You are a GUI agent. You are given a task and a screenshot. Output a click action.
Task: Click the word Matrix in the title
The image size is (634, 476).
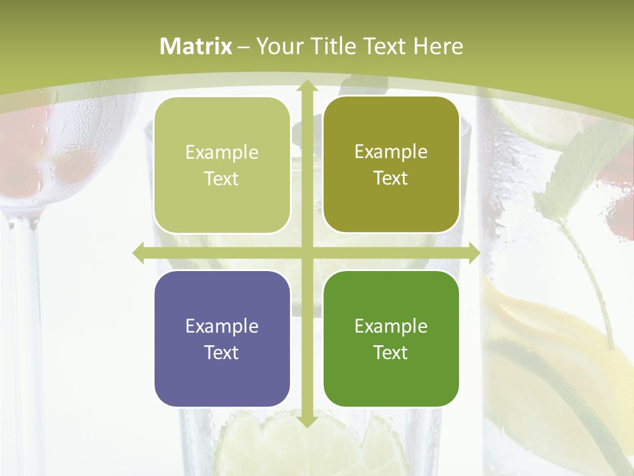coord(196,46)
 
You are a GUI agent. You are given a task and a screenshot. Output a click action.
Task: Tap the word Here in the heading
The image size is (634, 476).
coord(438,46)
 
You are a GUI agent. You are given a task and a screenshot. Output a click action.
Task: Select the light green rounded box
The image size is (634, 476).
coord(222,165)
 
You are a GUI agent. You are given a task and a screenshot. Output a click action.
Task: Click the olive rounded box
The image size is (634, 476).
coord(391,165)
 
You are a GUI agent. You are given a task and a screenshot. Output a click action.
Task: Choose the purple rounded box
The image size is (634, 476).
coord(222,338)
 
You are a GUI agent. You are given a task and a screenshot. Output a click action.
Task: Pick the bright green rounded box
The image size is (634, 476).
coord(391,338)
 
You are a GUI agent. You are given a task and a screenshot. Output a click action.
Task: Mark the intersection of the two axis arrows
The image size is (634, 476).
coord(306,253)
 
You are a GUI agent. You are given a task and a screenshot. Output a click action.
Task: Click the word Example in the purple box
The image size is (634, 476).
coord(222,326)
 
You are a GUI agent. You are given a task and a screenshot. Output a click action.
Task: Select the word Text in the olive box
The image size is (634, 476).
coord(391,178)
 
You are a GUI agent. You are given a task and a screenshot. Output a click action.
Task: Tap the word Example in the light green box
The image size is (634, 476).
coord(222,153)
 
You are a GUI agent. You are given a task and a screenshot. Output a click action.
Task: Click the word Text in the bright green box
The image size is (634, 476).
coord(391,352)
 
